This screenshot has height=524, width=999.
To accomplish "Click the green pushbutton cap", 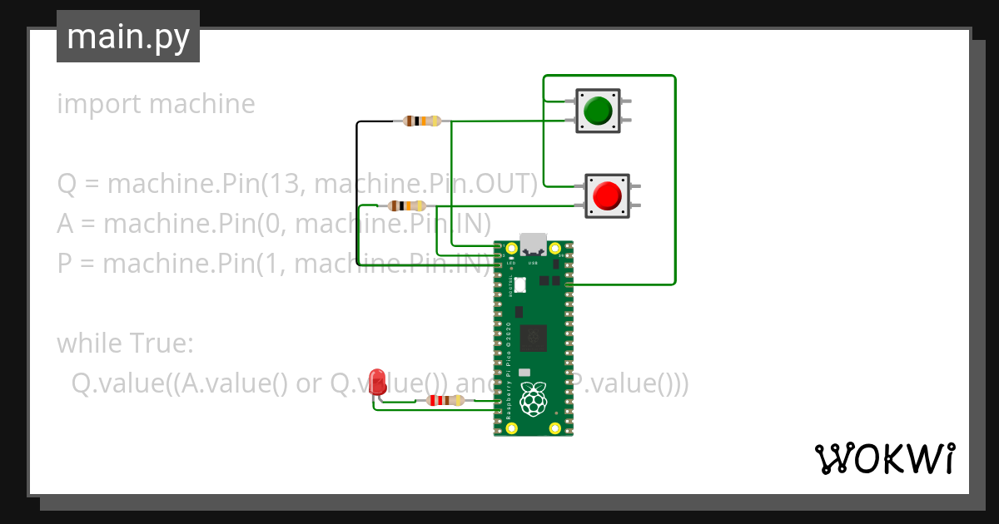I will pos(598,111).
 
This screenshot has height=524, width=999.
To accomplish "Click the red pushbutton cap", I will pos(607,196).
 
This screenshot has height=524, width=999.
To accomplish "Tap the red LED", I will pos(378,381).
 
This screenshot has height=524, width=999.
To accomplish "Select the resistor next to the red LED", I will pos(445,401).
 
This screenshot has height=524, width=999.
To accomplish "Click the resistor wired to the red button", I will pos(406,205).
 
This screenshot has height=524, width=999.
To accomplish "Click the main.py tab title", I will pos(128,37).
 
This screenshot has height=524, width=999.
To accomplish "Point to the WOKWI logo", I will pos(884,458).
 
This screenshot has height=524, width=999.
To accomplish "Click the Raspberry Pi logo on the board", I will pos(533,400).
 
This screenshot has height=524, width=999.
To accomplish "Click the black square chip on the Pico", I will pos(533,339).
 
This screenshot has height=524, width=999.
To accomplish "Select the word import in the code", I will pos(99,105).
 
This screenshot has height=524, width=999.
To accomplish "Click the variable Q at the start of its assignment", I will pos(67,183).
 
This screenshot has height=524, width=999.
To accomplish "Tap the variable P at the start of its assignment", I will pos(65,264).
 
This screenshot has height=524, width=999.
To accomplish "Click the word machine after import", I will pos(202,105).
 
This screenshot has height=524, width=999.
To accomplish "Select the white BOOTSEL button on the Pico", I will pos(520,285).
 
